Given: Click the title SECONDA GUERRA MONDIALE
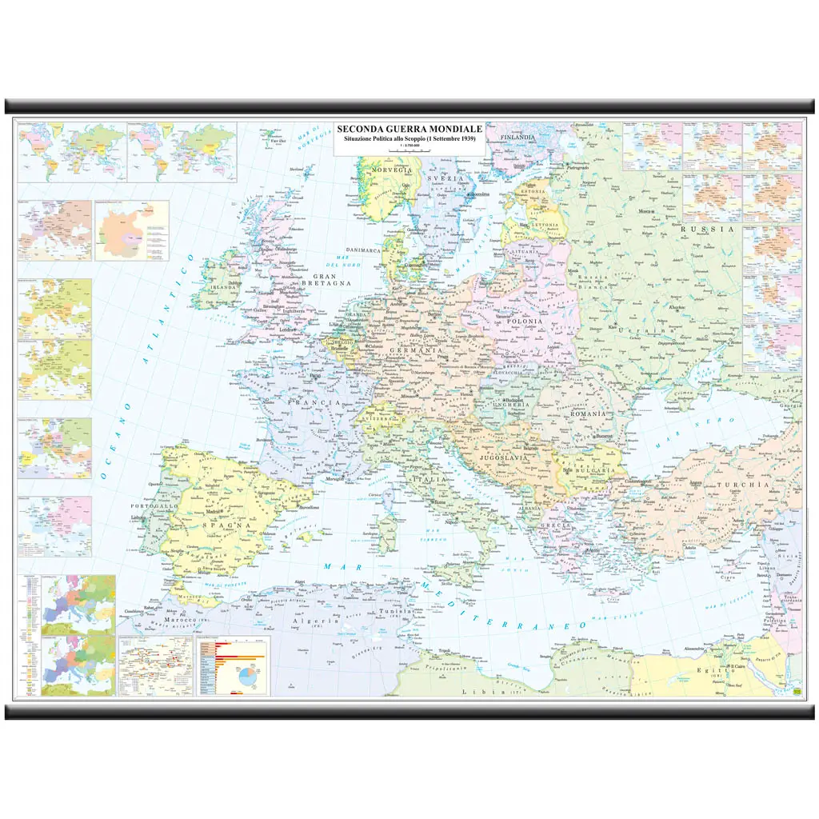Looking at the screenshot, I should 409,128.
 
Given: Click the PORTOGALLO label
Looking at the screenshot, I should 155,506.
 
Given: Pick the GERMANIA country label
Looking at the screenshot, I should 416,351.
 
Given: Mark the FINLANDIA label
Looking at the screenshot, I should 517,138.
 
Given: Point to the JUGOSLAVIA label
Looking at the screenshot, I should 501,457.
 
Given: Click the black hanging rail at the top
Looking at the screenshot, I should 409,106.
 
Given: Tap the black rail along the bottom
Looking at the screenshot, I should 409,712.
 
